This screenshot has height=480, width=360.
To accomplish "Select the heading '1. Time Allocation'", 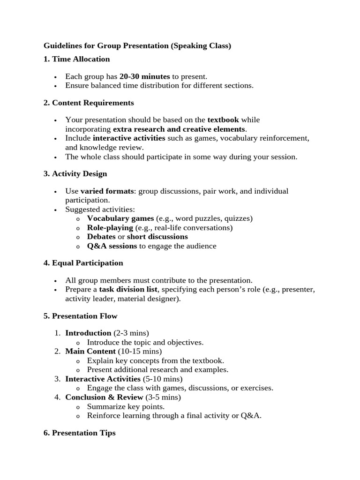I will point(76,59).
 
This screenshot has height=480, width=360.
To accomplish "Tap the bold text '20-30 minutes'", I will point(145,76).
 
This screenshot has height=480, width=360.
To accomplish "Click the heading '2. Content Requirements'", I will point(89,103).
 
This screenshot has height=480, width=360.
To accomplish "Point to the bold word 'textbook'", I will point(223,120).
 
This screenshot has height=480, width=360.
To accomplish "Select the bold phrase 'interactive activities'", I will point(129,138).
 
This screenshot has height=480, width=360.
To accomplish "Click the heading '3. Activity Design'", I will point(75,174).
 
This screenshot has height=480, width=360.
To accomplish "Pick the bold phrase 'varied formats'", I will point(107,191).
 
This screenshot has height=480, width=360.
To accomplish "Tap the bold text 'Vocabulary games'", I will point(120,218).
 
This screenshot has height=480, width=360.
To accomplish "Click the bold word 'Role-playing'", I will point(110,228).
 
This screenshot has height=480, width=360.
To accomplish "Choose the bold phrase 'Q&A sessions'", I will point(112,246).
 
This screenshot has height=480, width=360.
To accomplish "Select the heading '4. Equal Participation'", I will point(83,263).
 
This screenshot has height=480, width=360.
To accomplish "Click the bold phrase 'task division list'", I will point(128,290).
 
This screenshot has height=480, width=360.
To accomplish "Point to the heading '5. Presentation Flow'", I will point(80,316).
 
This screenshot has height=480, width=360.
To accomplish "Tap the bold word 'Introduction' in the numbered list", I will point(88,333).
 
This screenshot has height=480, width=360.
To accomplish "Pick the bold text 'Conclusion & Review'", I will point(104,397).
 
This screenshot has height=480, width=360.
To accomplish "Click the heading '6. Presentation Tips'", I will point(79,433).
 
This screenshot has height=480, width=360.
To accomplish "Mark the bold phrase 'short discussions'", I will point(157,237).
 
